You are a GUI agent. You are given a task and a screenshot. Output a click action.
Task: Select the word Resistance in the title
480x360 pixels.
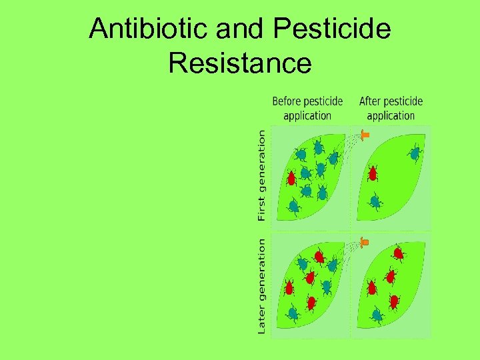point(240,63)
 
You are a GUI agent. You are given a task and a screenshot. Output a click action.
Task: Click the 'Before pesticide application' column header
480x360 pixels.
point(307,108)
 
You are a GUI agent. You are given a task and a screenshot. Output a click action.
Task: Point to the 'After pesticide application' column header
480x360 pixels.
point(391,108)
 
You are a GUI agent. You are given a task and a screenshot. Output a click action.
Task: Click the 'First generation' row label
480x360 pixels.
point(261,175)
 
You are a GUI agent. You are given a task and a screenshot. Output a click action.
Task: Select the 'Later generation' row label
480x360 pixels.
point(261,287)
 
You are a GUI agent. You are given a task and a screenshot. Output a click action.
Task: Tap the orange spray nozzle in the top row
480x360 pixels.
point(365,135)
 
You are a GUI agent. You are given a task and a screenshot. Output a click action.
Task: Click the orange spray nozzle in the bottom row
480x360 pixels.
point(364,241)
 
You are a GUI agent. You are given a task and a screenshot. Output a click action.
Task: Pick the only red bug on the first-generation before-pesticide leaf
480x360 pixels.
point(291,178)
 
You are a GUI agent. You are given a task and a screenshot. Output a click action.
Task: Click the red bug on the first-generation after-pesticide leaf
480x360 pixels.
point(373,174)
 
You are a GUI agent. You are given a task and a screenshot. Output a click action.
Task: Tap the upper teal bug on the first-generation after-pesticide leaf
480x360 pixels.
point(415,153)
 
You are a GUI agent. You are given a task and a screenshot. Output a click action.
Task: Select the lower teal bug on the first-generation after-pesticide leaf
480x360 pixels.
point(376,200)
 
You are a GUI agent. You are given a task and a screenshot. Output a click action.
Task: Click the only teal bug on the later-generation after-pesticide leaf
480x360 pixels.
point(377,314)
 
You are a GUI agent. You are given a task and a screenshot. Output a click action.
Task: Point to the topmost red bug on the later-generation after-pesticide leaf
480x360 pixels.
point(398,253)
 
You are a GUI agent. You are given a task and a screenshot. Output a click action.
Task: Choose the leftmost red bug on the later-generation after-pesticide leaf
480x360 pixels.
point(372,287)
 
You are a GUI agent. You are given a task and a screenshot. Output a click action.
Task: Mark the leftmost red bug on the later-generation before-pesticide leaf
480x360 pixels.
point(289,287)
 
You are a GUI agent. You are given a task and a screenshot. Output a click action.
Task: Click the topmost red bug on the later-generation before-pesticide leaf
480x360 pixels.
point(319,255)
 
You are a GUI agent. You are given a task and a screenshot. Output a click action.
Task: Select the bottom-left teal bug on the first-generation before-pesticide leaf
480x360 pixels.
point(293,205)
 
